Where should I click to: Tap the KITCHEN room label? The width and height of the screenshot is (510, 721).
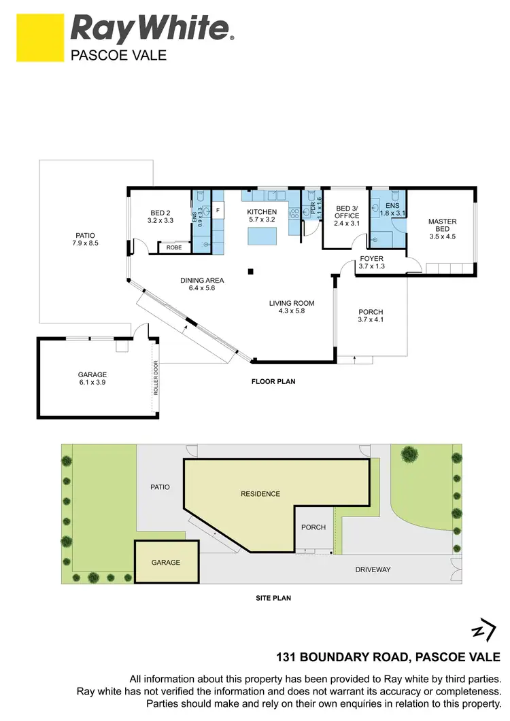pyautogui.click(x=262, y=212)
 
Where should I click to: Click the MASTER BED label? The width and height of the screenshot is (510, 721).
pyautogui.click(x=442, y=226)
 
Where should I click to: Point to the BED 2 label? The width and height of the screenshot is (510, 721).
pyautogui.click(x=160, y=213)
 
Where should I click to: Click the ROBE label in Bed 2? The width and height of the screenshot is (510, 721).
pyautogui.click(x=174, y=248)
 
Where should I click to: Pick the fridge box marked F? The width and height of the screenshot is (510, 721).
pyautogui.click(x=218, y=211)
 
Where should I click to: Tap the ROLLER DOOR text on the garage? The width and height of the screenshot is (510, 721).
pyautogui.click(x=156, y=378)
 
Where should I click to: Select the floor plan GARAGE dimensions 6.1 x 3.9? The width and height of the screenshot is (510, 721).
pyautogui.click(x=92, y=383)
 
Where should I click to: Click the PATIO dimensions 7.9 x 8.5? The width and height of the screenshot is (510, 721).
pyautogui.click(x=86, y=243)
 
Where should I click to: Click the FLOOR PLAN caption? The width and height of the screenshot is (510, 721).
pyautogui.click(x=273, y=382)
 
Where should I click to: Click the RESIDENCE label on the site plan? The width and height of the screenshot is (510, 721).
pyautogui.click(x=260, y=494)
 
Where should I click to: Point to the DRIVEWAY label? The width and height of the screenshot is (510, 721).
pyautogui.click(x=373, y=569)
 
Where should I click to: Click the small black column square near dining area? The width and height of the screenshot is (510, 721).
pyautogui.click(x=251, y=272)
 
